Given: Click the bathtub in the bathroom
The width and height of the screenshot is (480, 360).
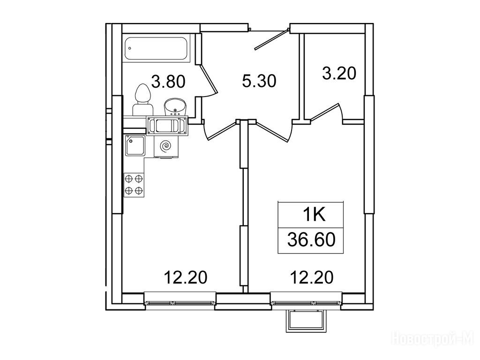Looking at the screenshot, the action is pyautogui.click(x=156, y=48).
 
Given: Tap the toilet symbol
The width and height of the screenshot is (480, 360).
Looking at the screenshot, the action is pyautogui.click(x=142, y=100).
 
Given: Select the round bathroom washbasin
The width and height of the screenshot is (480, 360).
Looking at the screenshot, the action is pyautogui.click(x=176, y=107).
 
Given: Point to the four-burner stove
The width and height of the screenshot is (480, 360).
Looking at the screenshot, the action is pyautogui.click(x=134, y=185).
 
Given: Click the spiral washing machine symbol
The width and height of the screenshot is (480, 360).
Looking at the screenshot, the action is pyautogui.click(x=166, y=146).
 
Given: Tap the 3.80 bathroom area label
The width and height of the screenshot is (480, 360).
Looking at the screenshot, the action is pyautogui.click(x=169, y=82).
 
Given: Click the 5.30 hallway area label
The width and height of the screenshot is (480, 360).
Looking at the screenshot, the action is pyautogui.click(x=259, y=81).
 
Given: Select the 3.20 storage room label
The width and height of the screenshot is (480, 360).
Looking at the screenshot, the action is pyautogui.click(x=339, y=74).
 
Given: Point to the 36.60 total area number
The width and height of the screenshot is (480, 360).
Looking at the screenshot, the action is pyautogui.click(x=311, y=240).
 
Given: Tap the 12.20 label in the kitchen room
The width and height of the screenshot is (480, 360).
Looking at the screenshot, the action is pyautogui.click(x=186, y=277).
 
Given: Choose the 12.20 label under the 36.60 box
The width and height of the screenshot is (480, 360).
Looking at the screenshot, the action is pyautogui.click(x=312, y=277).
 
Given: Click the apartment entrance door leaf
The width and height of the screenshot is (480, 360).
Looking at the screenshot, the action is pyautogui.click(x=272, y=39).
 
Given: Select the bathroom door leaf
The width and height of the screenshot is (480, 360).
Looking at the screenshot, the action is pyautogui.click(x=209, y=78).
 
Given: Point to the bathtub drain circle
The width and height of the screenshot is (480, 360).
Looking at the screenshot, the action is pyautogui.click(x=130, y=48).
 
